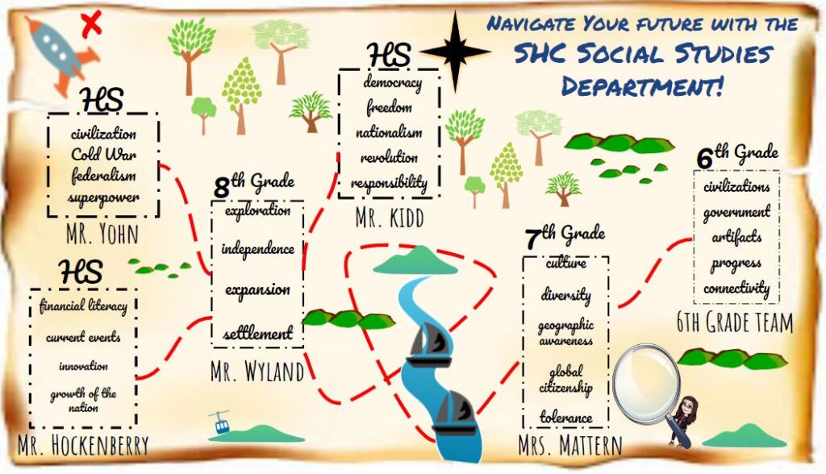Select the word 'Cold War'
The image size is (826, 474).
103,154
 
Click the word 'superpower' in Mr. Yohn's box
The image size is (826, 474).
103,197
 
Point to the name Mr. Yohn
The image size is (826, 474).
103,235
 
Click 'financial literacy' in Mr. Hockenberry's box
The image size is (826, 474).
83,306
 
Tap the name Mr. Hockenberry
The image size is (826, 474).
83,444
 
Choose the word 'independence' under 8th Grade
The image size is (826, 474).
258,249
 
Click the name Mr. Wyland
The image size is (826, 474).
257,372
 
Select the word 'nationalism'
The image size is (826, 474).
390,132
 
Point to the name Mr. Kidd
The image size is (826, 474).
389,217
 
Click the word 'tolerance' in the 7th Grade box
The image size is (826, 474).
566,418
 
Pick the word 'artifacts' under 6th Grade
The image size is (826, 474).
736,238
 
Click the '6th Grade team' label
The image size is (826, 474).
735,323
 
